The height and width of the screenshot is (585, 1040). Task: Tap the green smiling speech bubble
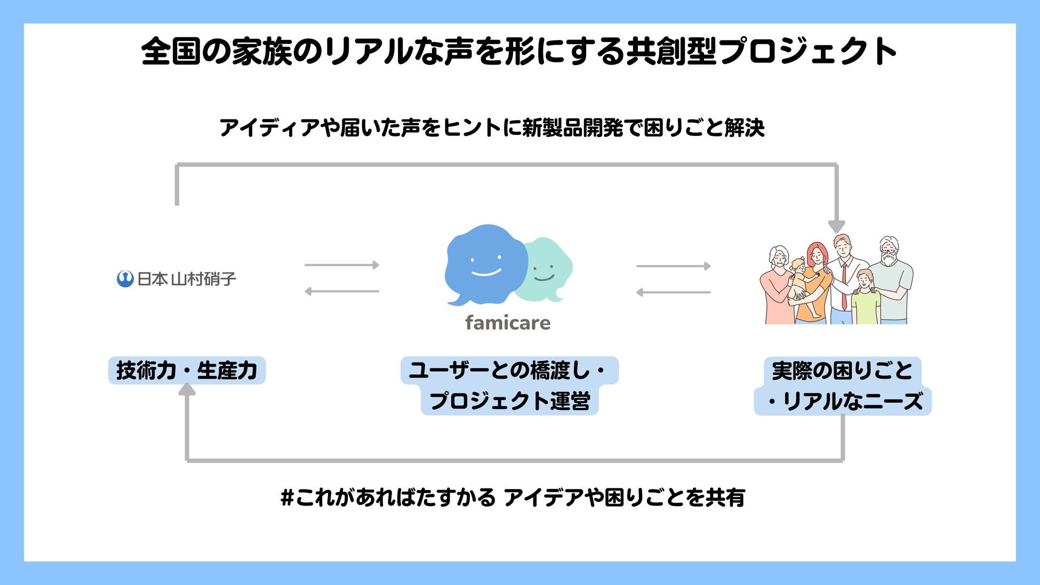click(x=547, y=269)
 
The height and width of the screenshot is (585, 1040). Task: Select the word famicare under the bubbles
click(x=507, y=323)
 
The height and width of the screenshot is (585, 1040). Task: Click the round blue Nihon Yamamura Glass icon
click(x=125, y=279)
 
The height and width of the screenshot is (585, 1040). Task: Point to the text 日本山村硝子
click(x=187, y=279)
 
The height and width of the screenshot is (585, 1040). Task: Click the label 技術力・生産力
click(x=187, y=371)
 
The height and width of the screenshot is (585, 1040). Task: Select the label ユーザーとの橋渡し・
click(x=509, y=371)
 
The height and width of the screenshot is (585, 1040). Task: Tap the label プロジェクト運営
click(x=509, y=401)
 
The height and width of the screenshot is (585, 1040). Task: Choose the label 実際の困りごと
click(x=842, y=371)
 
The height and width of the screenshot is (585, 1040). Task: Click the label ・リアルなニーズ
click(x=843, y=401)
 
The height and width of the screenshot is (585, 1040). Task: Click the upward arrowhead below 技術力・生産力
click(x=187, y=390)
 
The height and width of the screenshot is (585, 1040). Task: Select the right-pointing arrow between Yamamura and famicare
click(x=342, y=265)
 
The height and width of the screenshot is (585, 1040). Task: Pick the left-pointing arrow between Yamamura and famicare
click(x=342, y=291)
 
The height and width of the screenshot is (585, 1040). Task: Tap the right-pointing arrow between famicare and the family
click(x=674, y=266)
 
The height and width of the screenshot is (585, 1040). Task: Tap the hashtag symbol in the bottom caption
click(x=287, y=498)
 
